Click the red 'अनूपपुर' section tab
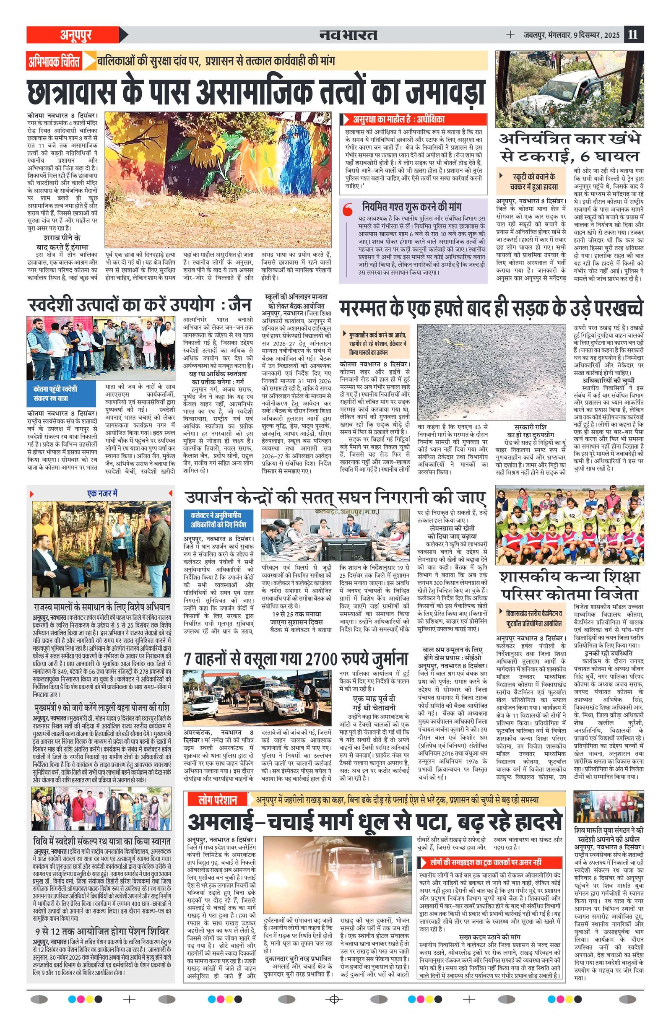[76, 35]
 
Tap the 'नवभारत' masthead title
[349, 35]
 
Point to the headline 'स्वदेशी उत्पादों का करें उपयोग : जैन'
[139, 305]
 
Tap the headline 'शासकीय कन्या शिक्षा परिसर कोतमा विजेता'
[569, 586]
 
